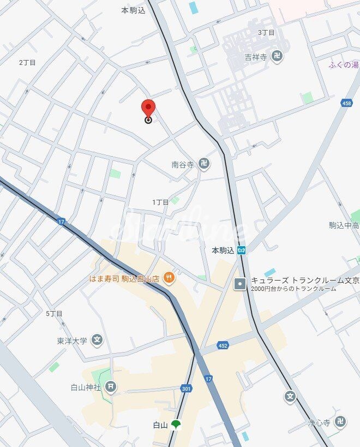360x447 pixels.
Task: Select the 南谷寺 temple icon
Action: pyautogui.click(x=204, y=164)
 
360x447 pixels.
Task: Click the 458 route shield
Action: pyautogui.click(x=346, y=103)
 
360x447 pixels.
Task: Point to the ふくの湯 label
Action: pyautogui.click(x=344, y=65)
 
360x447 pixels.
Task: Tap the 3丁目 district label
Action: pyautogui.click(x=266, y=32)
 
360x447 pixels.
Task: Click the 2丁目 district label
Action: pyautogui.click(x=27, y=62)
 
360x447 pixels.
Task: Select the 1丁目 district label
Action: pyautogui.click(x=160, y=202)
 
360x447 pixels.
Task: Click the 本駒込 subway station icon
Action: pyautogui.click(x=242, y=250)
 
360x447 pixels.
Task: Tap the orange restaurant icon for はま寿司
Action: pyautogui.click(x=169, y=278)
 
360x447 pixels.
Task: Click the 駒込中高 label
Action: pyautogui.click(x=344, y=225)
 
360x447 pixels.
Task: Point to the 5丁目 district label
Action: pyautogui.click(x=54, y=313)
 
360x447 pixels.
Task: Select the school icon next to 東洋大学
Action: pyautogui.click(x=97, y=341)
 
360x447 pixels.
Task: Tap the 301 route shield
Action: pyautogui.click(x=186, y=388)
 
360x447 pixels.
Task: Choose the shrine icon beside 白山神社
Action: pyautogui.click(x=111, y=387)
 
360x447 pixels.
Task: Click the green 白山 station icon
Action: pyautogui.click(x=175, y=424)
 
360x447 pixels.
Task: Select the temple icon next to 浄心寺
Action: pyautogui.click(x=340, y=422)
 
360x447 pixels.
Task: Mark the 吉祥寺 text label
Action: pyautogui.click(x=255, y=56)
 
